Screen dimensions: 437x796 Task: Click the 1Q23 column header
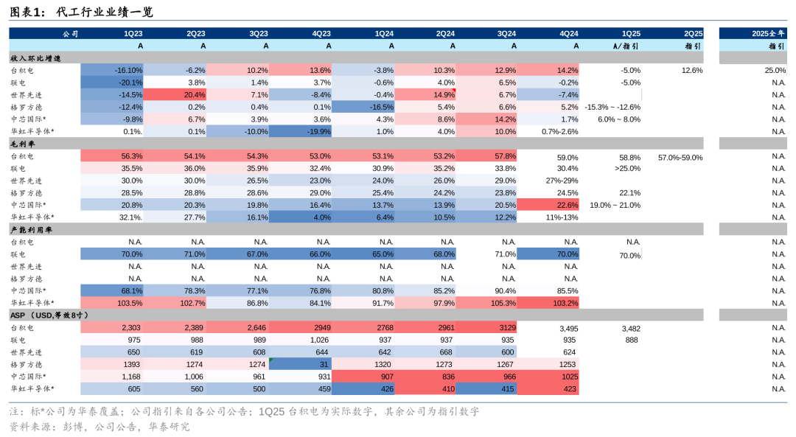point(133,33)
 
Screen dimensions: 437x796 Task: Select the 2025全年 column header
point(769,33)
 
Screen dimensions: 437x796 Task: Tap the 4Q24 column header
point(568,33)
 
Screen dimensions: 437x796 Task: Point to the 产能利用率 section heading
point(30,229)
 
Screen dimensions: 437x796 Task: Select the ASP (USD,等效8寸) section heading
point(49,315)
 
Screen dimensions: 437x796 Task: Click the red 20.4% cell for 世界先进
point(175,94)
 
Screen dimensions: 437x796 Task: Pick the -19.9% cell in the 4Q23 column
point(301,131)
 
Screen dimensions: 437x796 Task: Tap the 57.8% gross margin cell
point(486,156)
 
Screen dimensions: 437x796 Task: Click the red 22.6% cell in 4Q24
point(549,205)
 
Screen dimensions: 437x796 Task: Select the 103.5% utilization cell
point(112,302)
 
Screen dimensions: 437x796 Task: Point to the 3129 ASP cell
point(486,327)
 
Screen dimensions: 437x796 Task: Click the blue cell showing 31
point(301,363)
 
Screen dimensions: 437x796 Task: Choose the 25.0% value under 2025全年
point(775,70)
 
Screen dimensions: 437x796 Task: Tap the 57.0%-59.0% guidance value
point(680,157)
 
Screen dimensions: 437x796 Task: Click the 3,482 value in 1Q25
point(631,327)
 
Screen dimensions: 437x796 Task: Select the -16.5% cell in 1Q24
point(363,107)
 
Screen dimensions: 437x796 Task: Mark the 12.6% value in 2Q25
point(692,70)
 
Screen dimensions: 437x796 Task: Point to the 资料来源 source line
point(99,426)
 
